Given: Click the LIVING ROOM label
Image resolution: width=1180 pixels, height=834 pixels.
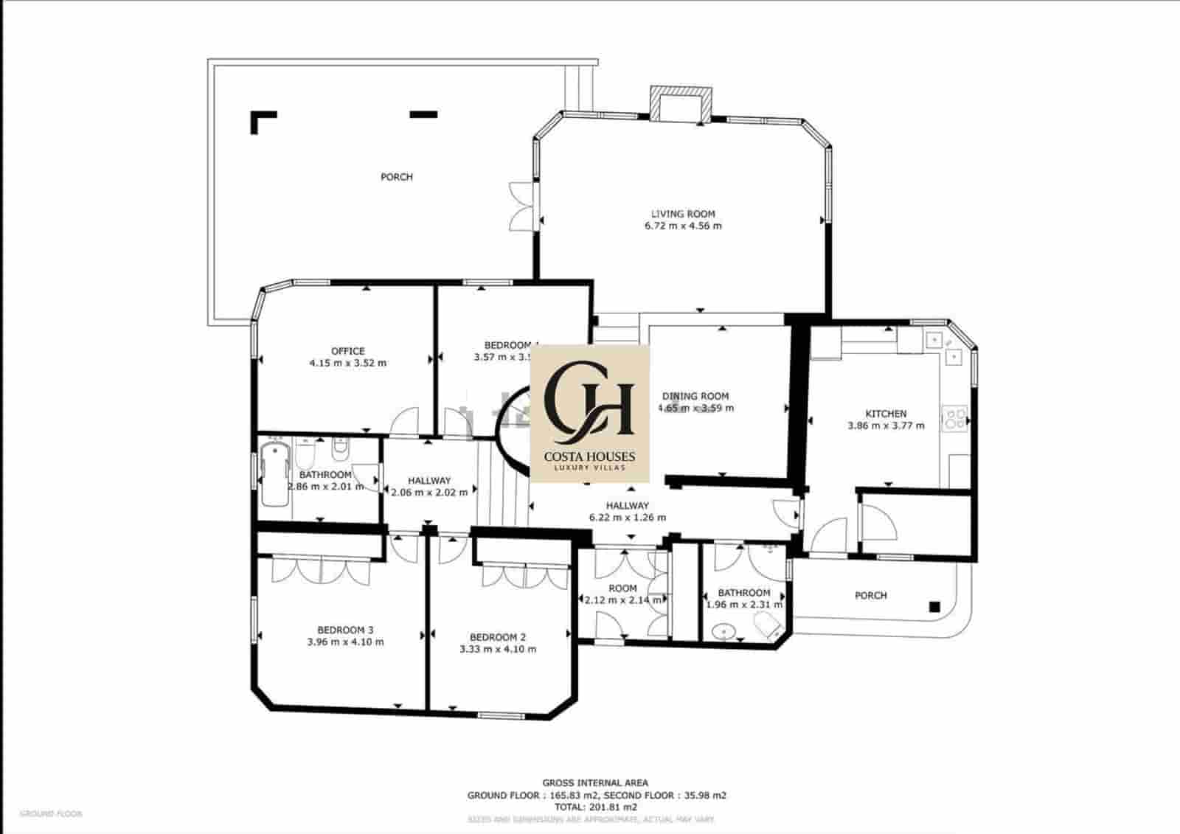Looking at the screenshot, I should point(683,214).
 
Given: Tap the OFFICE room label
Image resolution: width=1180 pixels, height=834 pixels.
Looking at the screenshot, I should point(347,351).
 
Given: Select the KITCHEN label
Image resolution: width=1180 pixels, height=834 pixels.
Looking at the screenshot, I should point(886,414).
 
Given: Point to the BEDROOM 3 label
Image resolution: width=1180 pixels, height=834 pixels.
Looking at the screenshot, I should point(345,630).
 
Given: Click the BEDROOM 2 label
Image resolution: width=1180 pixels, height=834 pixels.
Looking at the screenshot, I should point(498,637).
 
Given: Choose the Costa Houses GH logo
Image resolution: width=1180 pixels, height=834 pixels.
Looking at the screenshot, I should point(589,413).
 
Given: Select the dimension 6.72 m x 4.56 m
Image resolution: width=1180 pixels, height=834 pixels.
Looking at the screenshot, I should point(683,226).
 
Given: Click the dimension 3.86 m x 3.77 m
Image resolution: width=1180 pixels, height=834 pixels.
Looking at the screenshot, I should point(886,425).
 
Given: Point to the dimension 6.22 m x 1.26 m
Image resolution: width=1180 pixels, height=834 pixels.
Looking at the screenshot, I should point(627,518).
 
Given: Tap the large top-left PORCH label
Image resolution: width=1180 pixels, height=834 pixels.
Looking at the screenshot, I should point(397,177).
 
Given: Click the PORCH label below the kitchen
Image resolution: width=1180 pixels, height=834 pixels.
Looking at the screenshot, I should point(870,595).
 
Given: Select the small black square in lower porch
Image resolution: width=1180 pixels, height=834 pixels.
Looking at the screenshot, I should point(934,607).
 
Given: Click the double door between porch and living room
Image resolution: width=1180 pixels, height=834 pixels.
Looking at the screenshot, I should point(522,206).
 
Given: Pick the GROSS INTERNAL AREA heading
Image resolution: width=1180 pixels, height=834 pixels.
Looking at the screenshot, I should point(595,783).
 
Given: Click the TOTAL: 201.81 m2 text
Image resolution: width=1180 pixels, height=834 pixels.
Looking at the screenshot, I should point(595,807).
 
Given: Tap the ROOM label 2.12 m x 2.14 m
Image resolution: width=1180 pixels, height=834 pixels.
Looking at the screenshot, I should point(622,588).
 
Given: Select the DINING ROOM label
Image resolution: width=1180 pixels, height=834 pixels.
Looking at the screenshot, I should point(695,396).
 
